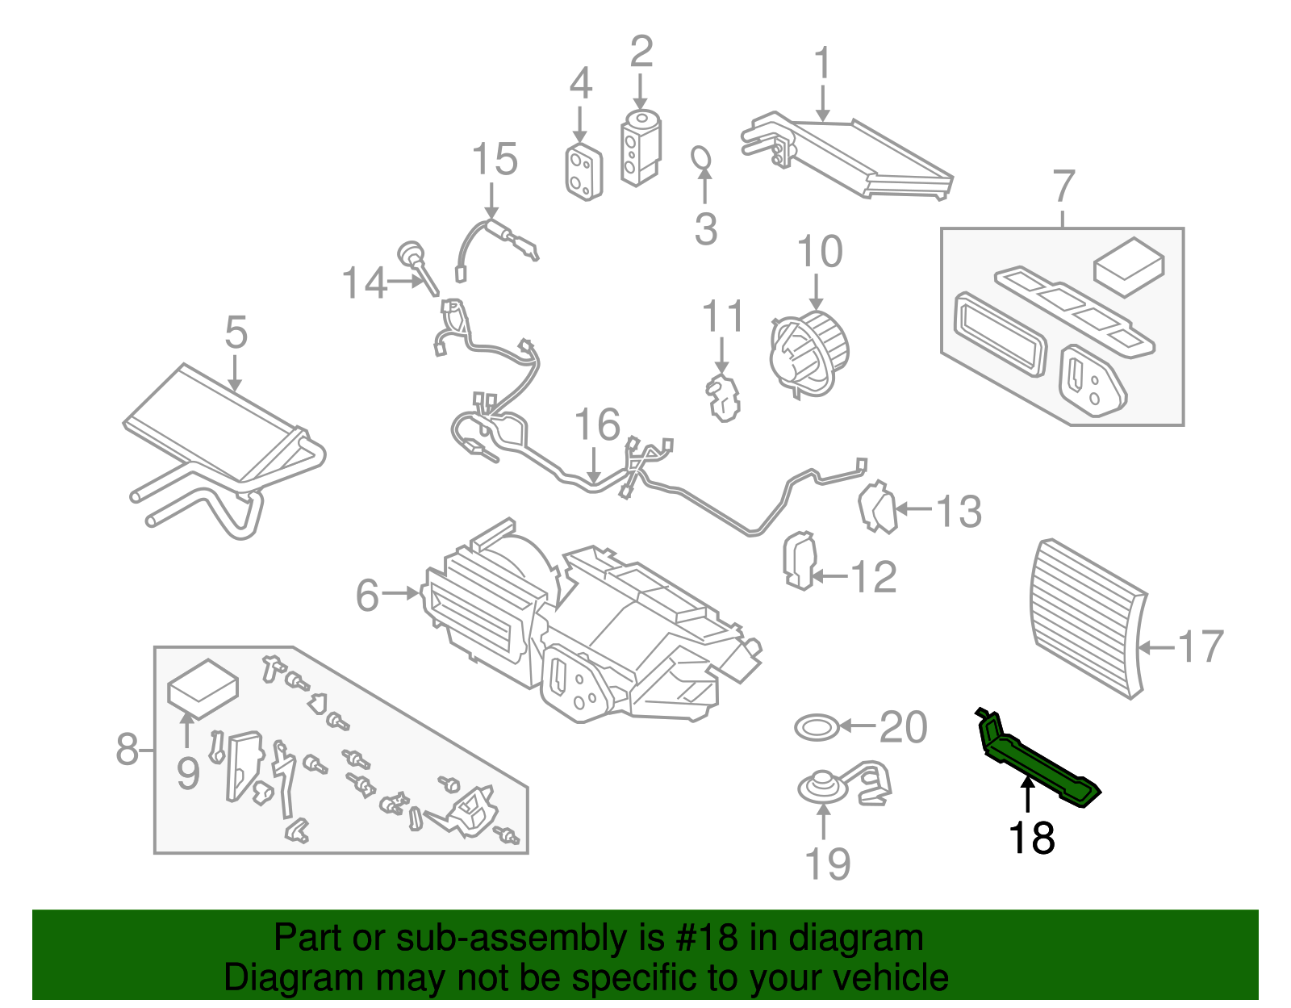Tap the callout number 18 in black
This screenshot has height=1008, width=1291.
[x=1031, y=838]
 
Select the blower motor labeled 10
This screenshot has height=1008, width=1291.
[x=809, y=353]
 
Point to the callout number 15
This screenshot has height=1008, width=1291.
[x=494, y=159]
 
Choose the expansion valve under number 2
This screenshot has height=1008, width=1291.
[x=641, y=148]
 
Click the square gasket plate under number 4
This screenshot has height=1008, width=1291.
[x=583, y=172]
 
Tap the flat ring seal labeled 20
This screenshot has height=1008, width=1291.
[x=817, y=727]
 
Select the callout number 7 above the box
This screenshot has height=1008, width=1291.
[x=1063, y=186]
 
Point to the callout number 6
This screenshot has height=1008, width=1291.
[x=367, y=596]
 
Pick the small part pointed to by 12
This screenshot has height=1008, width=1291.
[x=799, y=560]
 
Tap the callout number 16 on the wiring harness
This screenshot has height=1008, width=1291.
[x=597, y=425]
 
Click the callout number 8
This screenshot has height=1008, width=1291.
[x=127, y=749]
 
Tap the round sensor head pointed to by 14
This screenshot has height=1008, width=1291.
[x=412, y=253]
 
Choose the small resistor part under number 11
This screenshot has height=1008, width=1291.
[x=723, y=396]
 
